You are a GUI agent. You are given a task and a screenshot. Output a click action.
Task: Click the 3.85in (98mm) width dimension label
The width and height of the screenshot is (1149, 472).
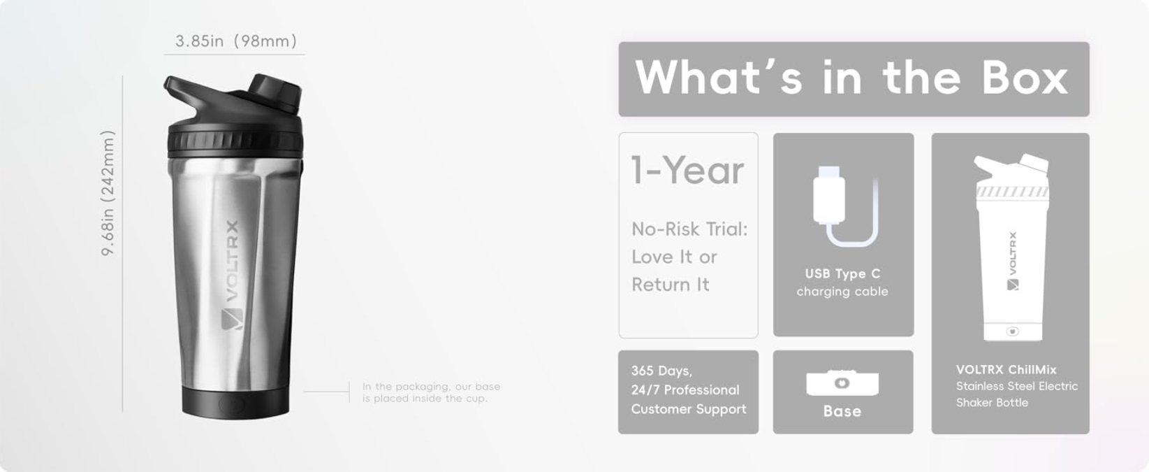(x=236, y=41)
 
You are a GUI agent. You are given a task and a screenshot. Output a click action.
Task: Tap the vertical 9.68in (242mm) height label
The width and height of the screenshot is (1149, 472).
(x=108, y=193)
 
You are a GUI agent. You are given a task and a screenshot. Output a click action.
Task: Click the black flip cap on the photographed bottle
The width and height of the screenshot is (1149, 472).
(x=275, y=92)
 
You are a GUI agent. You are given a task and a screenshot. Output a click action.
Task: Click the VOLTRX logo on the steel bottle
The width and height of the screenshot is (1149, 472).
(x=231, y=275)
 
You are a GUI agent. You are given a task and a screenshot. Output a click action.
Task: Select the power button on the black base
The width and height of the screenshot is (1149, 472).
(x=232, y=404)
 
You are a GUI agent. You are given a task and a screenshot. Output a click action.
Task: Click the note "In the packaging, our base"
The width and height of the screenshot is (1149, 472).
(x=431, y=386)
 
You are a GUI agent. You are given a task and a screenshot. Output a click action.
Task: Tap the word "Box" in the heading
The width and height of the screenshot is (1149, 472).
(x=1025, y=78)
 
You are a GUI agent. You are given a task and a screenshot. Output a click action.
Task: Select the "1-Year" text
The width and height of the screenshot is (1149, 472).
(x=687, y=170)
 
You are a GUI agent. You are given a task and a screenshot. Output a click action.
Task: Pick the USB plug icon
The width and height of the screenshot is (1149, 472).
(x=829, y=194)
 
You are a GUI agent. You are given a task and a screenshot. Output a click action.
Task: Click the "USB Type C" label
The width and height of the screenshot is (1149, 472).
(x=842, y=273)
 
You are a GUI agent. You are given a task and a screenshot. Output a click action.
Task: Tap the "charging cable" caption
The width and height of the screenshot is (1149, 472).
(x=842, y=292)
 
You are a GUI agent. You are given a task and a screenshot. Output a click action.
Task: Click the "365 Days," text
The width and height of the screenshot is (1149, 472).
(x=661, y=371)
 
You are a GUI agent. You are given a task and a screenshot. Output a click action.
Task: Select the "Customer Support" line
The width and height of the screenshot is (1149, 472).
(x=689, y=409)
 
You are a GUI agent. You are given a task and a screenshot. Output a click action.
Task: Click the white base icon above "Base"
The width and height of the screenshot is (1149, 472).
(x=842, y=382)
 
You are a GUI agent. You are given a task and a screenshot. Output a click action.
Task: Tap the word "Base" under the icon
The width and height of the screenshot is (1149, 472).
(x=842, y=411)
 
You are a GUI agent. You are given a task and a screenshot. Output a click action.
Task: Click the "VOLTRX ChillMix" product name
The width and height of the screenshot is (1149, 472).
(x=1007, y=370)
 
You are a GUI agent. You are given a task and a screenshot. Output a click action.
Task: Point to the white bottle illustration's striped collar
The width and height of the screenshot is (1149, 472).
(x=1012, y=192)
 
